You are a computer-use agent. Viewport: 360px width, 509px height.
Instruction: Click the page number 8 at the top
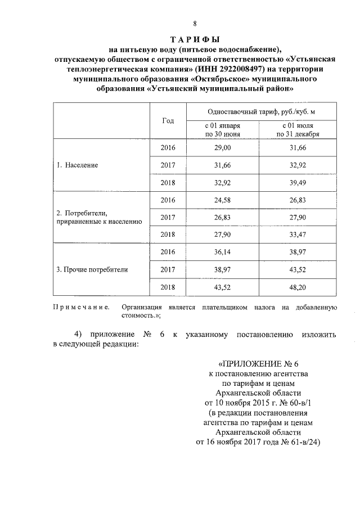point(195,24)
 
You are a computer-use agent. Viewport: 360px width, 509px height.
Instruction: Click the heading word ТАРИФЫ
point(195,39)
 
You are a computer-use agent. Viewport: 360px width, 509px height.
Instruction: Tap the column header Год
point(168,121)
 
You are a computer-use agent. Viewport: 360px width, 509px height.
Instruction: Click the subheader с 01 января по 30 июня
point(223,130)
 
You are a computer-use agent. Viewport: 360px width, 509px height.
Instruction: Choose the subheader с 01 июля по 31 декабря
point(298,130)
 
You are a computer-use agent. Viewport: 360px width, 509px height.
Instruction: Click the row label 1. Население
point(78,165)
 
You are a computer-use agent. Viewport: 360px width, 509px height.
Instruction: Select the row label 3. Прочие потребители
point(92,269)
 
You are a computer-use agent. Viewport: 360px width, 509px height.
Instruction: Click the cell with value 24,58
point(223,200)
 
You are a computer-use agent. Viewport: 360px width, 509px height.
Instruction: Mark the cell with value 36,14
point(223,252)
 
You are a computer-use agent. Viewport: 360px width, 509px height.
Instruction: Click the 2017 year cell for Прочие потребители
point(168,269)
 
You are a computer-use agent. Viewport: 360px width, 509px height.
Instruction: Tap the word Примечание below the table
point(80,307)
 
